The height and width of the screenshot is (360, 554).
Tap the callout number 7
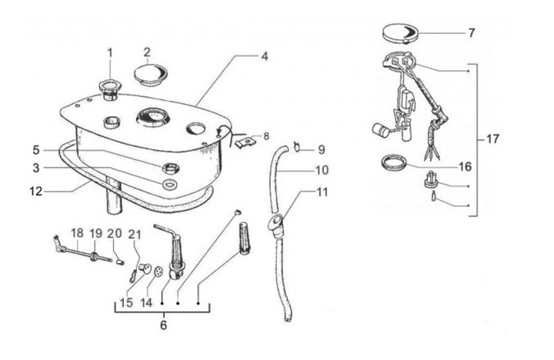click(471, 33)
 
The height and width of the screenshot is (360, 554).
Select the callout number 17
click(493, 139)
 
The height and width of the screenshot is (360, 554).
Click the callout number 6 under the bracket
click(162, 325)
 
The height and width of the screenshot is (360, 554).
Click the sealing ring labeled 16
click(394, 162)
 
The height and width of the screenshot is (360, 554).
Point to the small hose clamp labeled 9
click(297, 145)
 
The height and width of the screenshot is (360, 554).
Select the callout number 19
click(96, 233)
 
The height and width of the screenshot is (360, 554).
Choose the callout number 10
click(322, 169)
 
